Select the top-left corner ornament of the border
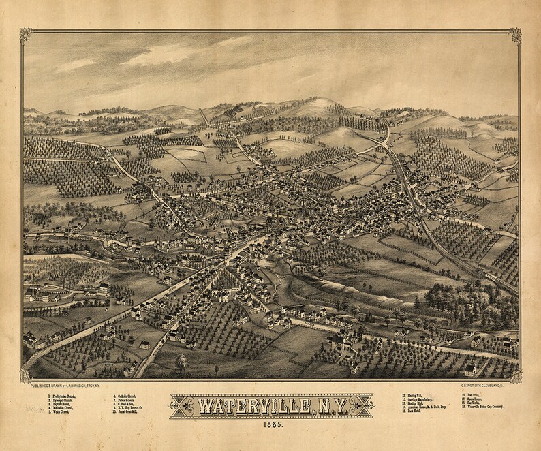[26, 34]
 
